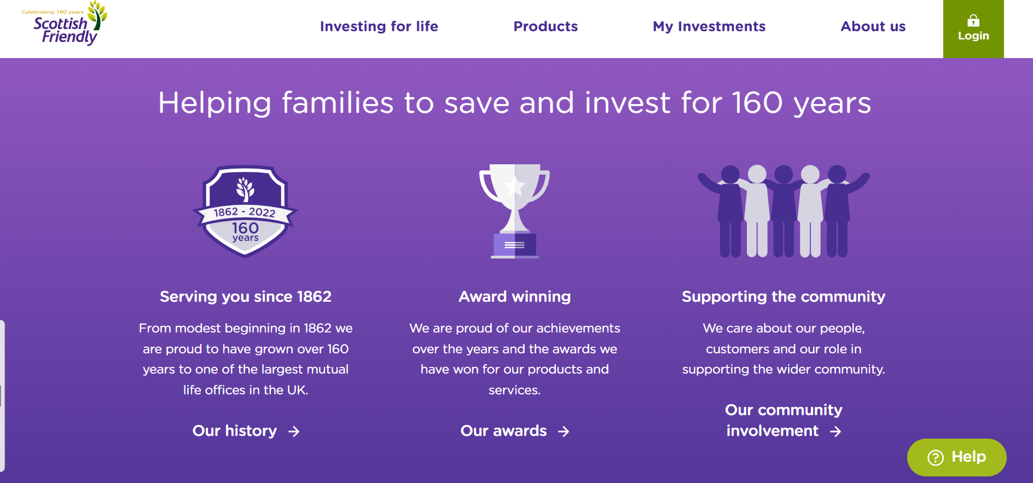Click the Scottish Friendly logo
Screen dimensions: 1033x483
pyautogui.click(x=65, y=24)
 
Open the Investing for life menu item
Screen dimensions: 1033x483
pyautogui.click(x=379, y=26)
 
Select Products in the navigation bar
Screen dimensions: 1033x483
pyautogui.click(x=545, y=26)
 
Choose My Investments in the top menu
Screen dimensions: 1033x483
pyautogui.click(x=709, y=27)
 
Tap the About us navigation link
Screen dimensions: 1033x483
pyautogui.click(x=873, y=26)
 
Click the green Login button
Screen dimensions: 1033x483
pyautogui.click(x=973, y=29)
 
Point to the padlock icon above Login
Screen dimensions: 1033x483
pyautogui.click(x=973, y=21)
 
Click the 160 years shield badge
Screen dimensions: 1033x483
pyautogui.click(x=245, y=211)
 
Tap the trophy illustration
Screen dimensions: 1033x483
pyautogui.click(x=514, y=211)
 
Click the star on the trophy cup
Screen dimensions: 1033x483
pyautogui.click(x=514, y=186)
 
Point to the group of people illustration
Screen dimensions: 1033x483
pyautogui.click(x=784, y=211)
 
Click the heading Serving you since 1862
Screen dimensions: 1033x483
pyautogui.click(x=246, y=296)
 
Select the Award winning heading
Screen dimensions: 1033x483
pyautogui.click(x=515, y=296)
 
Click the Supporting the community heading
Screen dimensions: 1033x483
pyautogui.click(x=784, y=296)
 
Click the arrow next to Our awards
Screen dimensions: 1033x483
pyautogui.click(x=564, y=432)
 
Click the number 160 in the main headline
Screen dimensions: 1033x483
pyautogui.click(x=757, y=103)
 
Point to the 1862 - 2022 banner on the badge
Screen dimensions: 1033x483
pyautogui.click(x=245, y=212)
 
